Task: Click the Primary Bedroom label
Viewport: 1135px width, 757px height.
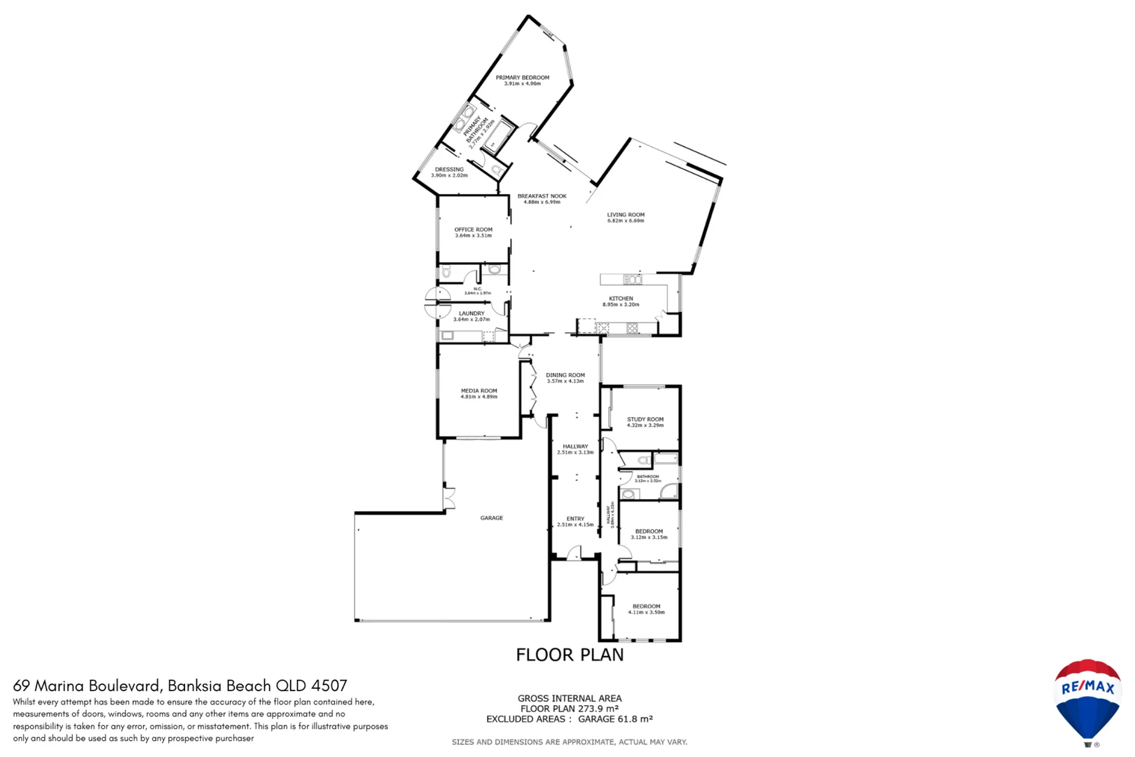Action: pyautogui.click(x=522, y=78)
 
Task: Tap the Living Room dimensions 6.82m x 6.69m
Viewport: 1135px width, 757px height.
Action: pyautogui.click(x=625, y=221)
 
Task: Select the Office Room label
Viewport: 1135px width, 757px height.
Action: pyautogui.click(x=473, y=229)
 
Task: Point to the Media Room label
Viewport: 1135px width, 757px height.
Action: pyautogui.click(x=479, y=390)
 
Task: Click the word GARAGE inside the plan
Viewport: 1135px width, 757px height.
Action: pyautogui.click(x=491, y=518)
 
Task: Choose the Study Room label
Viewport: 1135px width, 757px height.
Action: pyautogui.click(x=645, y=419)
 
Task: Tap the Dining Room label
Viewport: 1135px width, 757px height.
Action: pyautogui.click(x=565, y=375)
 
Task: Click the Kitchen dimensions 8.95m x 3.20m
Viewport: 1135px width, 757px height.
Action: pyautogui.click(x=620, y=305)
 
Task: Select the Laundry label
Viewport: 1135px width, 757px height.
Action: pyautogui.click(x=471, y=313)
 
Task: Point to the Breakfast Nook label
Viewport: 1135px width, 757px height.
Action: pyautogui.click(x=542, y=196)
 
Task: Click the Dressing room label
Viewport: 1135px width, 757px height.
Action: pyautogui.click(x=448, y=169)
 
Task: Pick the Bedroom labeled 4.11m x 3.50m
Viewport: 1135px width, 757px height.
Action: pyautogui.click(x=646, y=609)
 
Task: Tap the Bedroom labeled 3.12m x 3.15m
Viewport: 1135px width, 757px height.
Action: pyautogui.click(x=649, y=534)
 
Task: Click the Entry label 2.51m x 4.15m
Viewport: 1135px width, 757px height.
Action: pyautogui.click(x=575, y=521)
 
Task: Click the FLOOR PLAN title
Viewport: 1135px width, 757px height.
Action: pyautogui.click(x=569, y=655)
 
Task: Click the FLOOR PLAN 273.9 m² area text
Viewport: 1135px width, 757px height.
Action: pyautogui.click(x=569, y=709)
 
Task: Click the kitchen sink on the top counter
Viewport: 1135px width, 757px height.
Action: pyautogui.click(x=632, y=280)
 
